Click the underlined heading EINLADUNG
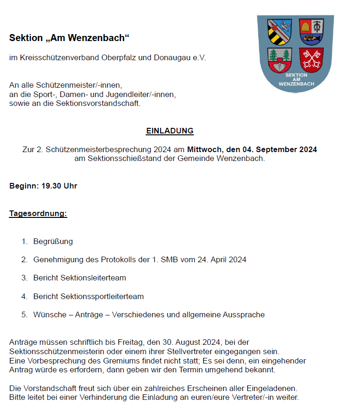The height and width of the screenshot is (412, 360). pyautogui.click(x=169, y=131)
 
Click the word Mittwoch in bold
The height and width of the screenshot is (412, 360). pyautogui.click(x=205, y=150)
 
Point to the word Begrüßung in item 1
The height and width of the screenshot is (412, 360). pyautogui.click(x=53, y=241)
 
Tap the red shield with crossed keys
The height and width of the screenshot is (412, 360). pyautogui.click(x=310, y=59)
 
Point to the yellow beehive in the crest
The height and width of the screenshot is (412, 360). pyautogui.click(x=306, y=26)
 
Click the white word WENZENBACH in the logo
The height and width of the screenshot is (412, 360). pyautogui.click(x=296, y=84)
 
